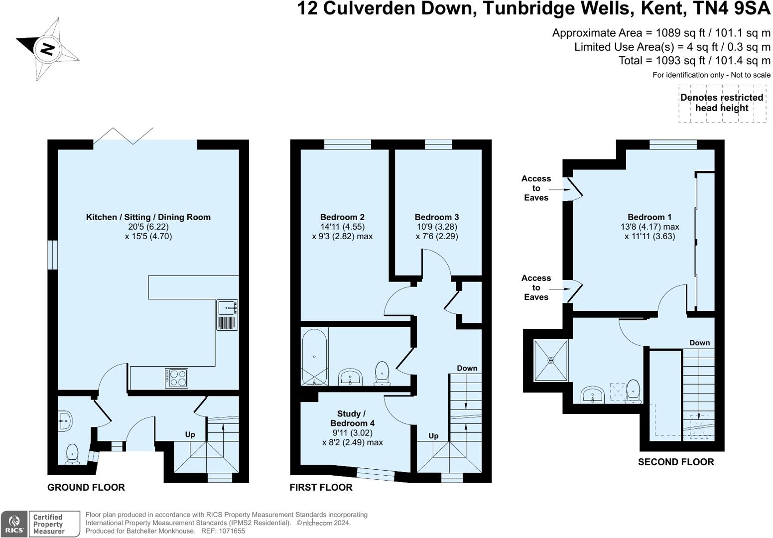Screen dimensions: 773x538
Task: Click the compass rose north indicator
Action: click(x=47, y=49)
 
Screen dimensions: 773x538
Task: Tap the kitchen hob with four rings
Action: click(x=177, y=378)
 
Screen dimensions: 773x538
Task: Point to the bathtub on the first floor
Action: click(x=314, y=357)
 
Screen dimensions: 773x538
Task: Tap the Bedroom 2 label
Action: click(x=342, y=217)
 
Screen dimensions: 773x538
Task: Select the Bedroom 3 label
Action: click(x=437, y=217)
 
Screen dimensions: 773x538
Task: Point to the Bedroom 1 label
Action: click(x=649, y=217)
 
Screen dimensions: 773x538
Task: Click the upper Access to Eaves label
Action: click(x=536, y=188)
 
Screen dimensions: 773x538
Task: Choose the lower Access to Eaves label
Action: click(x=536, y=287)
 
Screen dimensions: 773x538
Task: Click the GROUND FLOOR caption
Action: click(x=86, y=487)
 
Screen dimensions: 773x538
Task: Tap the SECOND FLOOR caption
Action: click(x=676, y=462)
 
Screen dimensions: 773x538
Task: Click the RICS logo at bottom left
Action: click(x=14, y=524)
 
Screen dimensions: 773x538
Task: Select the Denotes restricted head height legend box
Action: click(x=722, y=103)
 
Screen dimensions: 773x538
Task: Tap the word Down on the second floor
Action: click(x=699, y=343)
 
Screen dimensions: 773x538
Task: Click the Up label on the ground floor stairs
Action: click(x=190, y=434)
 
